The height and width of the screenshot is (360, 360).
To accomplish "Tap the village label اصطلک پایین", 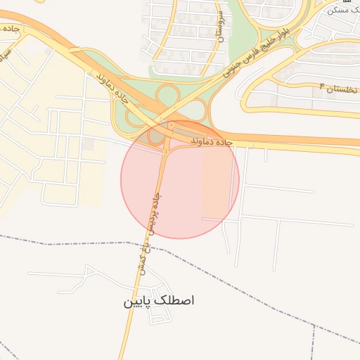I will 159,301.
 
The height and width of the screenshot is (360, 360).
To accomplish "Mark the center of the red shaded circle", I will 180,179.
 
